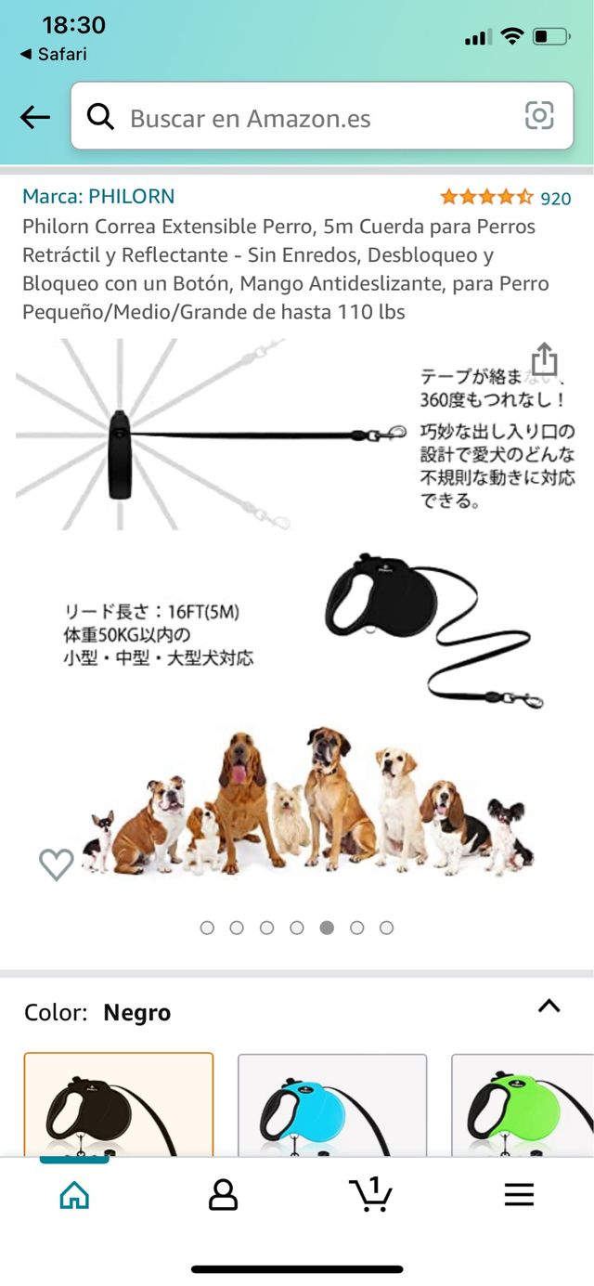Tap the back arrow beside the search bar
pyautogui.click(x=35, y=117)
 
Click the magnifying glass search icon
pyautogui.click(x=100, y=117)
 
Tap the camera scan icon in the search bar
pyautogui.click(x=539, y=116)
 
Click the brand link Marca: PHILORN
pyautogui.click(x=98, y=196)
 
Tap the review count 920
pyautogui.click(x=556, y=199)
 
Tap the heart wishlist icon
pyautogui.click(x=57, y=864)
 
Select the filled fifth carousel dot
pyautogui.click(x=327, y=928)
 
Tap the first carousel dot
pyautogui.click(x=207, y=928)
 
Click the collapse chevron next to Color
pyautogui.click(x=549, y=1006)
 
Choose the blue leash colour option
pyautogui.click(x=332, y=1105)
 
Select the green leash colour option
pyautogui.click(x=523, y=1105)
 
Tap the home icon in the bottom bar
pyautogui.click(x=74, y=1195)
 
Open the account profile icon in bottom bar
pyautogui.click(x=224, y=1195)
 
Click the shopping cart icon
pyautogui.click(x=370, y=1194)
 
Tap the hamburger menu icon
pyautogui.click(x=520, y=1195)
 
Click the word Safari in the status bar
pyautogui.click(x=62, y=54)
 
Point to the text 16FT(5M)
pyautogui.click(x=203, y=612)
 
